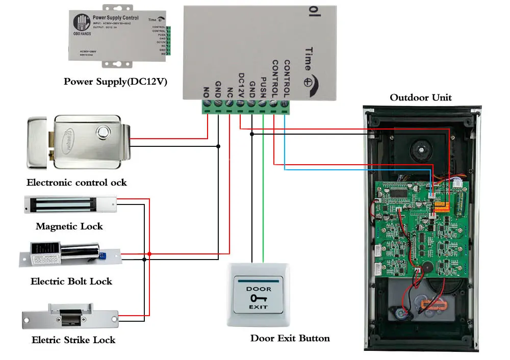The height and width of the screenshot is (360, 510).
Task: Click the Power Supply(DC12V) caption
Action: [x=115, y=81]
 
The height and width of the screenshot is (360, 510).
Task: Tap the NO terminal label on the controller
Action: [x=207, y=92]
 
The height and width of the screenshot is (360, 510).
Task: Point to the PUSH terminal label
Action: [x=264, y=86]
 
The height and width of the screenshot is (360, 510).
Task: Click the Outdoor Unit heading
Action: [x=421, y=97]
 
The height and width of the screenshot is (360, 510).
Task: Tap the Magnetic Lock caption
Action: [x=69, y=226]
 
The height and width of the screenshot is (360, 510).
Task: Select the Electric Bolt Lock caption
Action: [x=71, y=281]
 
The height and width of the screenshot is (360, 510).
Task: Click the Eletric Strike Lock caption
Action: [x=73, y=340]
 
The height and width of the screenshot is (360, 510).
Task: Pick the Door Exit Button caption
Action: [x=290, y=338]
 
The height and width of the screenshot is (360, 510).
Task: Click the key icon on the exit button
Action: [x=259, y=298]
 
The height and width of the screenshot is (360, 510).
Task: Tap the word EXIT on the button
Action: [x=259, y=307]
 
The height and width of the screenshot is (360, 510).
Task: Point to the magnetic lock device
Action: [x=70, y=205]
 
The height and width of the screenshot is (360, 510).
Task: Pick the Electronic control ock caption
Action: [x=76, y=182]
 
